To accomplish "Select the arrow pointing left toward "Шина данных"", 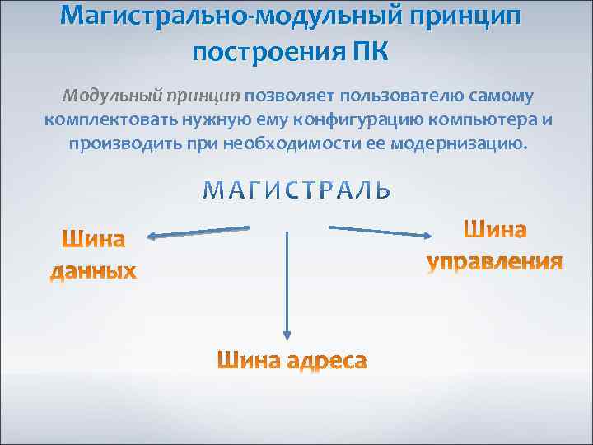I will (198, 233).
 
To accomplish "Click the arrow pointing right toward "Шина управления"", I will (380, 231).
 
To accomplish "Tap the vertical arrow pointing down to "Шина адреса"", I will (287, 284).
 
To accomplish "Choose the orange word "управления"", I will (495, 262).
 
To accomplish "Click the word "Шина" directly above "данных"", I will (94, 241).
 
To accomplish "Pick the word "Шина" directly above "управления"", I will (495, 231).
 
